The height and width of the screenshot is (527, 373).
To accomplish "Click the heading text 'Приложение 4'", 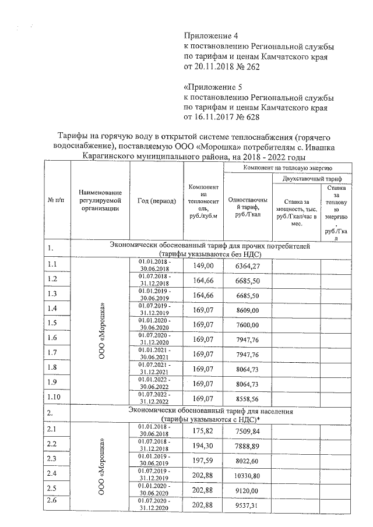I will [211, 36].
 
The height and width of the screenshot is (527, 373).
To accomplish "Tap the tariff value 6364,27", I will [247, 266].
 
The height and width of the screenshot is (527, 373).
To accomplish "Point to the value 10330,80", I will [247, 476].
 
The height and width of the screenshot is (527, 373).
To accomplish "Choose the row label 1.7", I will [52, 352].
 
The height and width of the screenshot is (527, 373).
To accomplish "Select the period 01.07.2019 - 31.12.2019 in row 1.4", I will [155, 307].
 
